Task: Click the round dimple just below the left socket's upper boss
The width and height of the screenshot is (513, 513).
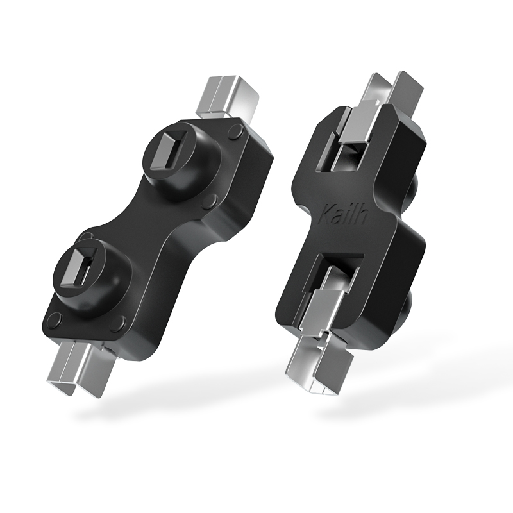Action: point(208,201)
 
